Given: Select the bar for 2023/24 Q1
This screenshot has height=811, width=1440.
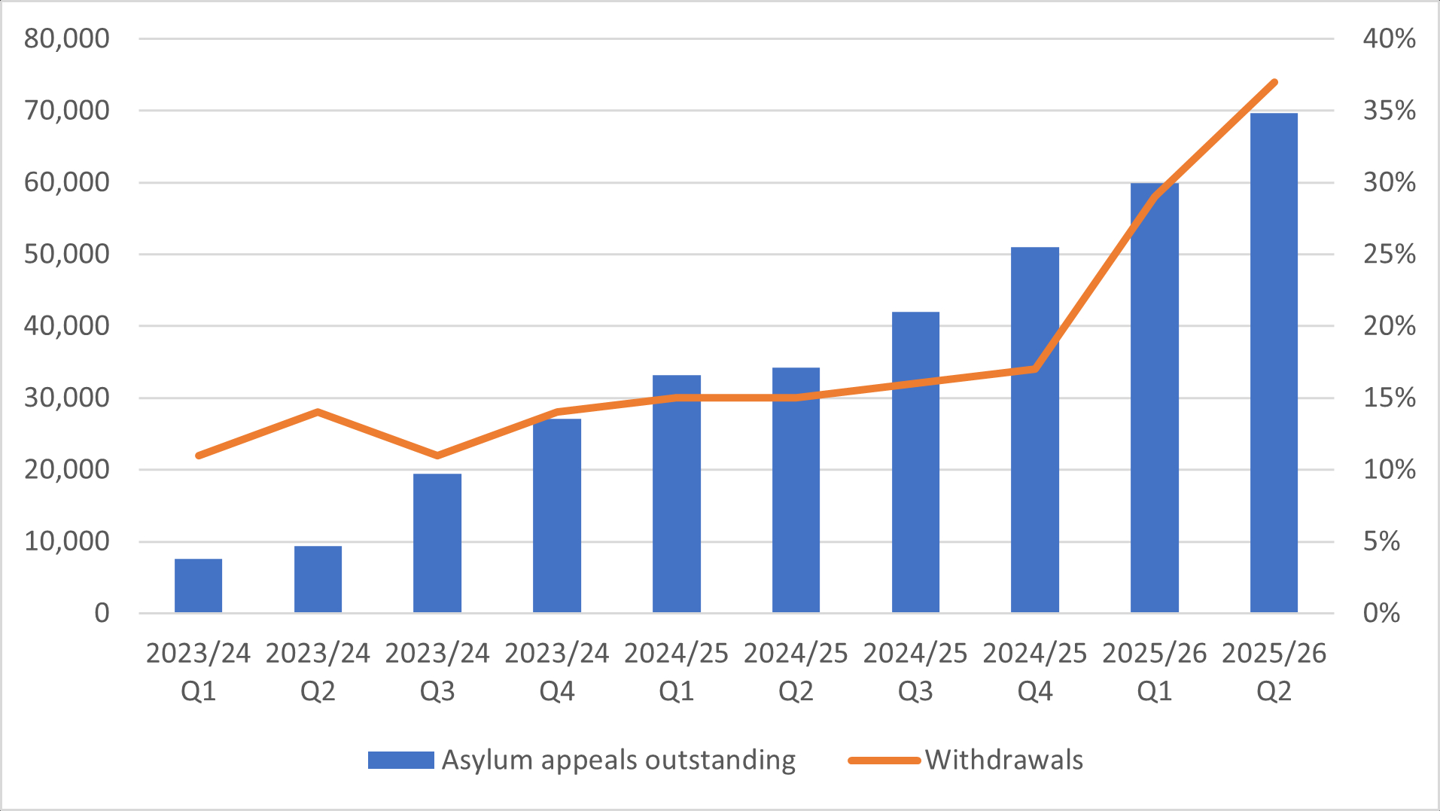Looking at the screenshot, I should (x=198, y=585).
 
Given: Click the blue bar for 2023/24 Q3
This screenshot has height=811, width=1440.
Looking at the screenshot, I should (x=437, y=542).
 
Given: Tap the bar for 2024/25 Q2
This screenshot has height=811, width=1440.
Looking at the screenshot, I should (x=796, y=489).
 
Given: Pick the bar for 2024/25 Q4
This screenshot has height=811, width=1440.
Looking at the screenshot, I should (x=1035, y=429).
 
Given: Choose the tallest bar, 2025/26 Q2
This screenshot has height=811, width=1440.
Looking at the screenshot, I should (x=1274, y=361).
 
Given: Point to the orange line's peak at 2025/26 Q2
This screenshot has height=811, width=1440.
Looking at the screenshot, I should (x=1274, y=82).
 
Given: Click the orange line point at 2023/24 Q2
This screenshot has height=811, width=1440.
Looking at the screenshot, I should (x=318, y=412).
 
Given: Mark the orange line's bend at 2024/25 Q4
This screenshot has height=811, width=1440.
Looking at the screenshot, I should (x=1035, y=368).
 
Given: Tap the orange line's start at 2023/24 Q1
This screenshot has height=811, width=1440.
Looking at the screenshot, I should (x=199, y=455).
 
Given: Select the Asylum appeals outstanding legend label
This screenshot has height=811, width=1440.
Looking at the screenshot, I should (x=618, y=760).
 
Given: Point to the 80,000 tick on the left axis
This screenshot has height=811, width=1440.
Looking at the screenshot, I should (x=67, y=38).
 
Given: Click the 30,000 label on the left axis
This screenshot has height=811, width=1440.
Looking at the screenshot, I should (x=67, y=398).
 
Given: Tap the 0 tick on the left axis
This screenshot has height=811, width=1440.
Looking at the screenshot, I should (x=102, y=613).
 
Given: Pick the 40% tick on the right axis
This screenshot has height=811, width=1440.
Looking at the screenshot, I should (x=1389, y=38).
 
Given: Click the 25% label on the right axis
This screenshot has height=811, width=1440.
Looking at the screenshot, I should (x=1389, y=255).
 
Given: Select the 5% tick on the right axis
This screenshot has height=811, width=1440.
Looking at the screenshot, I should (x=1381, y=541).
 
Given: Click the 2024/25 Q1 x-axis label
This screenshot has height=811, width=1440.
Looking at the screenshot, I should (x=676, y=671).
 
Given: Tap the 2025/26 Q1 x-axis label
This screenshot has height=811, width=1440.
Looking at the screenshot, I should (x=1154, y=671).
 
